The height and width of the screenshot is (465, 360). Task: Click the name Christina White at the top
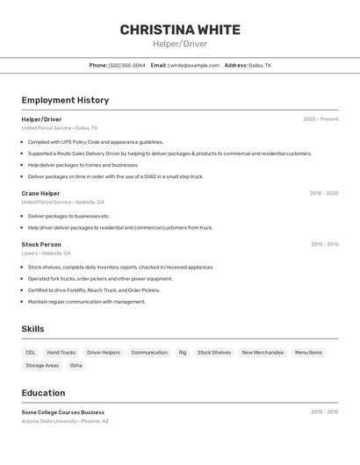point(180,29)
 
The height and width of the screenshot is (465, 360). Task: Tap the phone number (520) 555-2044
point(126,65)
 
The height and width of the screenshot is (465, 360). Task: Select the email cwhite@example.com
point(193,65)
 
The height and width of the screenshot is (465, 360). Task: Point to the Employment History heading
point(65,100)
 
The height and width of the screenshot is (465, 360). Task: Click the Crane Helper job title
point(40,193)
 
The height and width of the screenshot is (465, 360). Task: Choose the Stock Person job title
point(41,244)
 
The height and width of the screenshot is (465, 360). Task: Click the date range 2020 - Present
point(320,118)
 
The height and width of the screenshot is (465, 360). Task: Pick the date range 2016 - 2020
point(323,193)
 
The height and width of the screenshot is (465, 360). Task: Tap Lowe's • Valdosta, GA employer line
point(46,254)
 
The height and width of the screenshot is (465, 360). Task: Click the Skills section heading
point(32,329)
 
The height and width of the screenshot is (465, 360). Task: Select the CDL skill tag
point(31,353)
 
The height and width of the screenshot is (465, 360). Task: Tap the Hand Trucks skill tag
point(61,353)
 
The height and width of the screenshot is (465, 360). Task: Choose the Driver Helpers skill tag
point(103,353)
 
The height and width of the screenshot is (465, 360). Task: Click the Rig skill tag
point(183,353)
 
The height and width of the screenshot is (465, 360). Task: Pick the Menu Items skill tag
point(308,353)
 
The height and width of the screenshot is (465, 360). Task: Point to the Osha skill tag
point(76,366)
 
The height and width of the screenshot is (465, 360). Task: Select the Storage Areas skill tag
point(42,366)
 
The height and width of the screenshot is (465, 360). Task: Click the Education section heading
point(43,392)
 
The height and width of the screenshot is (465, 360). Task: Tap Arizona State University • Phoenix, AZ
point(65,421)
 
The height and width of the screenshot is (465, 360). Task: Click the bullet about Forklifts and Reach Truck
point(94,290)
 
